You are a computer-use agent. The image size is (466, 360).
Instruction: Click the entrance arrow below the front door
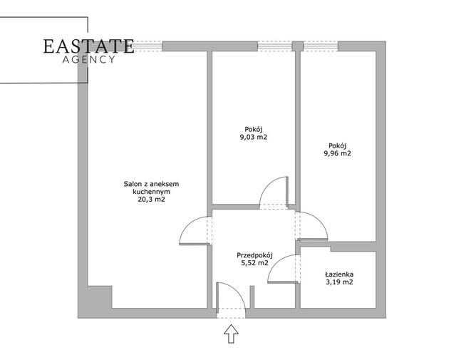pyautogui.click(x=231, y=334)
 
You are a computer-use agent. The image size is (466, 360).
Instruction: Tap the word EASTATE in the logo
pyautogui.click(x=88, y=46)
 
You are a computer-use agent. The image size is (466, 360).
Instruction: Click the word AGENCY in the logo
pyautogui.click(x=88, y=60)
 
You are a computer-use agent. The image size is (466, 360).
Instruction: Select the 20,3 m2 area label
pyautogui.click(x=151, y=200)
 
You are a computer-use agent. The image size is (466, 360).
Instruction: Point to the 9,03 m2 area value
pyautogui.click(x=253, y=137)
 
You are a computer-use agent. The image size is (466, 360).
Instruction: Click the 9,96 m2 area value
pyautogui.click(x=337, y=153)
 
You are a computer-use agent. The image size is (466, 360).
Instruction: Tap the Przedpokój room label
pyautogui.click(x=254, y=255)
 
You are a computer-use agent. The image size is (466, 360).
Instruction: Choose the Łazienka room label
pyautogui.click(x=339, y=274)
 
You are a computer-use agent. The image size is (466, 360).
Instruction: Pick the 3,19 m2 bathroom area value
pyautogui.click(x=339, y=282)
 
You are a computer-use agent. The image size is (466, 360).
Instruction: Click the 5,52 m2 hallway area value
pyautogui.click(x=254, y=263)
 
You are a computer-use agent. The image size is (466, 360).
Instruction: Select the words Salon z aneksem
pyautogui.click(x=151, y=184)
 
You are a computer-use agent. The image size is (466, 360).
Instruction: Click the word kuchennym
pyautogui.click(x=151, y=192)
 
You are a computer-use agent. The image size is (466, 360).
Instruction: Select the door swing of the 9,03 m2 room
pyautogui.click(x=266, y=185)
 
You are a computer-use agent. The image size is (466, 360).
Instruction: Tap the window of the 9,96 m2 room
pyautogui.click(x=321, y=46)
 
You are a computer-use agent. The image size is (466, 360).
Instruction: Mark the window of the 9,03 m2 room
pyautogui.click(x=275, y=46)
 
